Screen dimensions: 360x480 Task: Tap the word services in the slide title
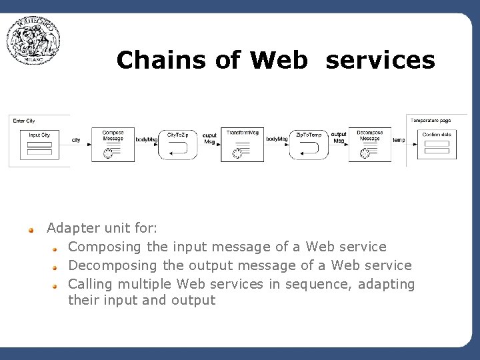tap(380, 60)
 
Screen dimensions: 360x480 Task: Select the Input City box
tap(39, 144)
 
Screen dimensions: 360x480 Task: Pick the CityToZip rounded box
tap(177, 145)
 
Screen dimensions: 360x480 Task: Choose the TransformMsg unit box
tap(243, 145)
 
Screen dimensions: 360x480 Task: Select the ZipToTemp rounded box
tap(309, 145)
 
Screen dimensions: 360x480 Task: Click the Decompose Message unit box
tap(369, 145)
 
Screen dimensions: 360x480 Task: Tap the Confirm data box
tap(437, 144)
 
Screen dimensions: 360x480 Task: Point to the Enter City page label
tap(24, 121)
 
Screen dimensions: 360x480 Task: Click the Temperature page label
tap(431, 121)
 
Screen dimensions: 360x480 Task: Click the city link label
tap(76, 140)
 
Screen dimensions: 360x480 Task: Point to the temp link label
tap(399, 140)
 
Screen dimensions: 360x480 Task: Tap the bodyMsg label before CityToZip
tap(146, 139)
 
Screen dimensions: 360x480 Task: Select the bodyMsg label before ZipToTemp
tap(277, 139)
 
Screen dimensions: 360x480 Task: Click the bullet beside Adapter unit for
tap(31, 229)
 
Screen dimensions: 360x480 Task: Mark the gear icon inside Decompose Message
tap(365, 153)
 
